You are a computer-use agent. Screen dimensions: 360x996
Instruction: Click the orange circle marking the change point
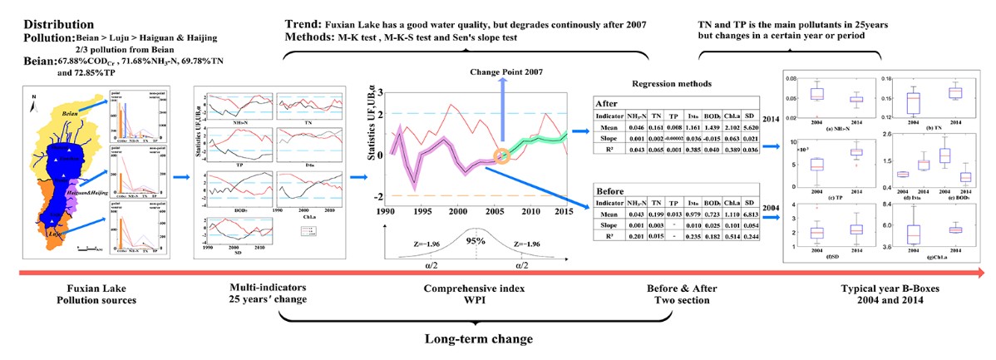tap(501, 155)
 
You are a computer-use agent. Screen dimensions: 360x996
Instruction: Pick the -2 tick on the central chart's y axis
tap(379, 196)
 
